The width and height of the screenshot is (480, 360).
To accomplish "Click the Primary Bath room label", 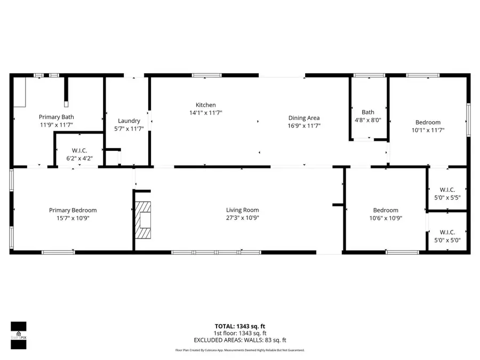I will coord(56,117).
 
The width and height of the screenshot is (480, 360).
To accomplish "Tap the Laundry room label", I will coord(129,121).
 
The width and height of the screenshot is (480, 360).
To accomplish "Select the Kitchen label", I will coord(205,105).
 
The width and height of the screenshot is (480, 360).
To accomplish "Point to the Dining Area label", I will coord(304,118).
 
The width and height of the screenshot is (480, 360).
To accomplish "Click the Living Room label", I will coord(242,210).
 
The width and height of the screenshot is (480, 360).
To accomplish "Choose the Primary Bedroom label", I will coord(73,210).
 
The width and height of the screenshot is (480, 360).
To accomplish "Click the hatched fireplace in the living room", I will coord(143,220).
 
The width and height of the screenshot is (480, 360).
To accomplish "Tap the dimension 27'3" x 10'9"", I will coord(242,218).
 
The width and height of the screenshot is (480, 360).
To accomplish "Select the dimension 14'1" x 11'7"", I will coord(205,113).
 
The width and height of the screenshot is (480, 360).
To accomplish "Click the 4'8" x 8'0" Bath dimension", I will coord(368,120).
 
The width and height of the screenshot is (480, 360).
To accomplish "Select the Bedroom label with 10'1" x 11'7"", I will coord(428,122).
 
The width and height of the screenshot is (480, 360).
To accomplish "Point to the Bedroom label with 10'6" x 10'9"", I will coord(385,210).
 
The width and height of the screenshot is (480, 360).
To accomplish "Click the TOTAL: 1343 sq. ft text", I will coord(239,326).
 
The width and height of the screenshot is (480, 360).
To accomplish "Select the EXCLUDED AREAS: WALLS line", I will coord(239,340).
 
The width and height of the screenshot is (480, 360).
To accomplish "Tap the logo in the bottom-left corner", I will coord(18,335).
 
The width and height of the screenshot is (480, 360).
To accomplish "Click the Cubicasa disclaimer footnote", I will coord(239,350).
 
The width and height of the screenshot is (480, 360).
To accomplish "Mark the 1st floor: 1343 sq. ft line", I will coord(239,333).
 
